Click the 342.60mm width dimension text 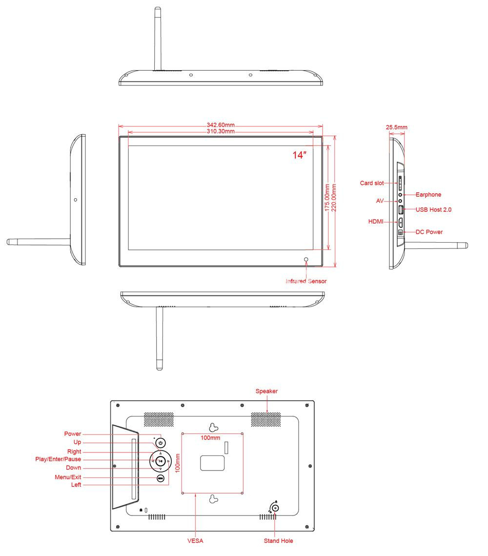pyautogui.click(x=221, y=125)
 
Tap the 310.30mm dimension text pyautogui.click(x=221, y=131)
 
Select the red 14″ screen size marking pyautogui.click(x=299, y=155)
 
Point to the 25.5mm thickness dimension pyautogui.click(x=397, y=127)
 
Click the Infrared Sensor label pyautogui.click(x=306, y=281)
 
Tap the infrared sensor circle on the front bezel pyautogui.click(x=306, y=260)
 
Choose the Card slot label pyautogui.click(x=372, y=184)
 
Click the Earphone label pyautogui.click(x=428, y=195)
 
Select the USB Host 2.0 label pyautogui.click(x=433, y=209)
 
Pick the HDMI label pyautogui.click(x=376, y=222)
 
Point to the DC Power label pyautogui.click(x=429, y=232)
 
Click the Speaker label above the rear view pyautogui.click(x=266, y=391)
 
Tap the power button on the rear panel pyautogui.click(x=161, y=443)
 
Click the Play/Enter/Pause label pyautogui.click(x=58, y=459)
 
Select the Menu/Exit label pyautogui.click(x=68, y=477)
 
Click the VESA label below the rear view pyautogui.click(x=195, y=541)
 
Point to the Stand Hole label pyautogui.click(x=278, y=541)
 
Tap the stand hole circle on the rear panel pyautogui.click(x=275, y=508)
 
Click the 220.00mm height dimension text pyautogui.click(x=334, y=198)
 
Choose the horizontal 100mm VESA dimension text pyautogui.click(x=210, y=438)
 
